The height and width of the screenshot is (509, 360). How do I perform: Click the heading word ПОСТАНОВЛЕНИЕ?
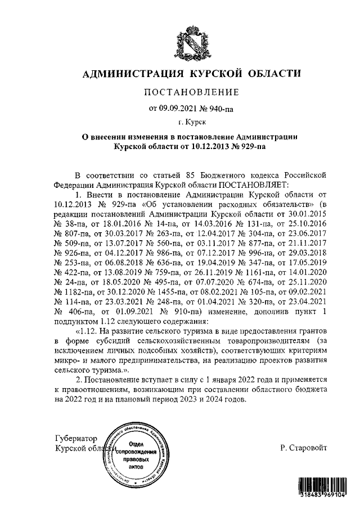tap(192, 92)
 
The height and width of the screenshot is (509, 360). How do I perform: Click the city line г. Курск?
tap(192, 122)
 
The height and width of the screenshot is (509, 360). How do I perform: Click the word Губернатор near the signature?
tap(76, 438)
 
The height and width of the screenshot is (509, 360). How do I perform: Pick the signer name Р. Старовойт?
tap(303, 448)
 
